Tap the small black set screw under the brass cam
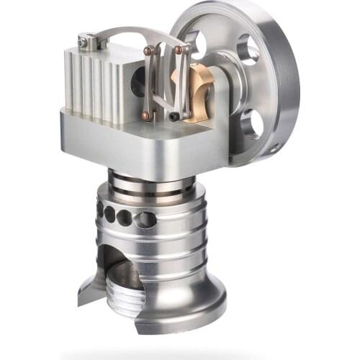175,115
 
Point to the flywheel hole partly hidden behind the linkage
195,45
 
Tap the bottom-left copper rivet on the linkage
146,115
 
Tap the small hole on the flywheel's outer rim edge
274,149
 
